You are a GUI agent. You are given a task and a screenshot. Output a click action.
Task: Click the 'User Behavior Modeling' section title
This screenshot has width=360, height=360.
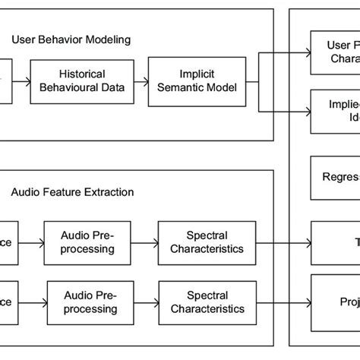(x=71, y=38)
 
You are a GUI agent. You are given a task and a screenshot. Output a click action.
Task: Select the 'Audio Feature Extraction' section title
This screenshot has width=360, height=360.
(x=72, y=192)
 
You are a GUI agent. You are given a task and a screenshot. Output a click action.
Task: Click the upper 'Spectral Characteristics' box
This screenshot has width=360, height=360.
(x=207, y=242)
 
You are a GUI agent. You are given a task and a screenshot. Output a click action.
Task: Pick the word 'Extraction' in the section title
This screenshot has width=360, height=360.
(x=109, y=192)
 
